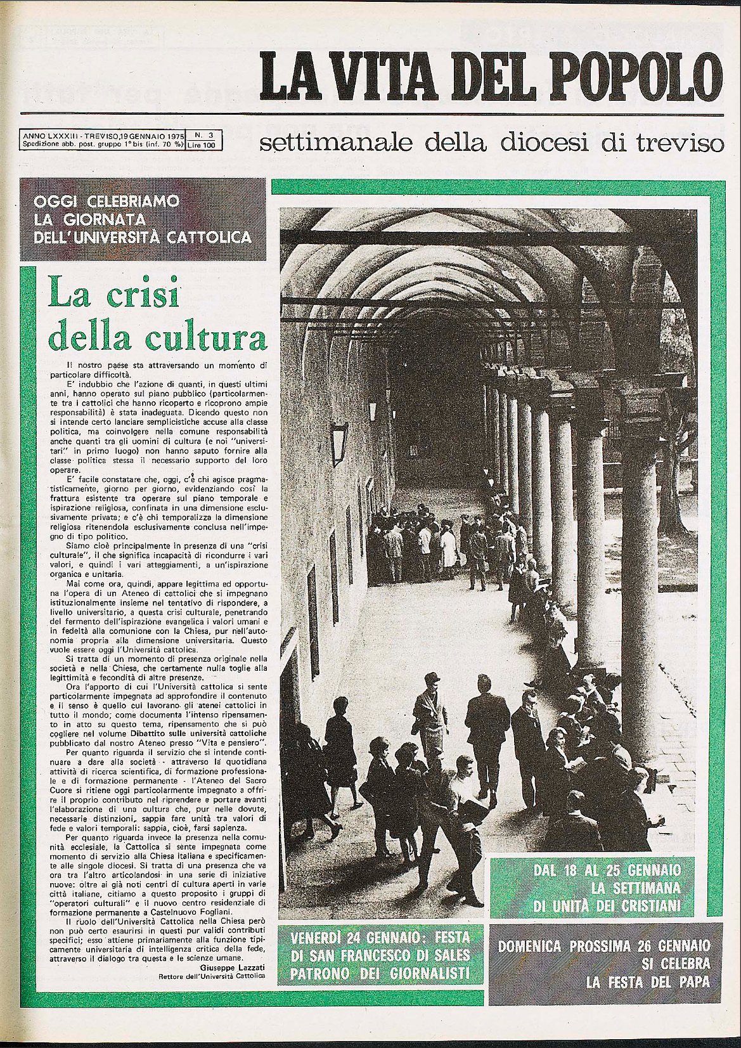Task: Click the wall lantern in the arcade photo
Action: pyautogui.click(x=340, y=436)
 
